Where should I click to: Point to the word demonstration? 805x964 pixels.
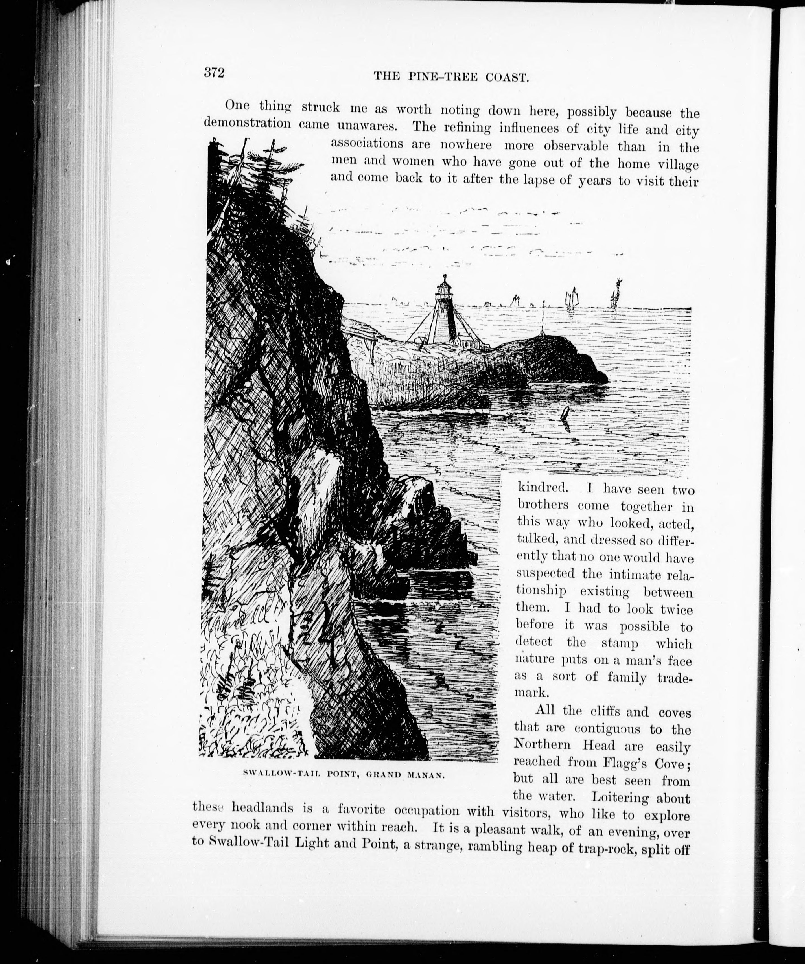tap(247, 124)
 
